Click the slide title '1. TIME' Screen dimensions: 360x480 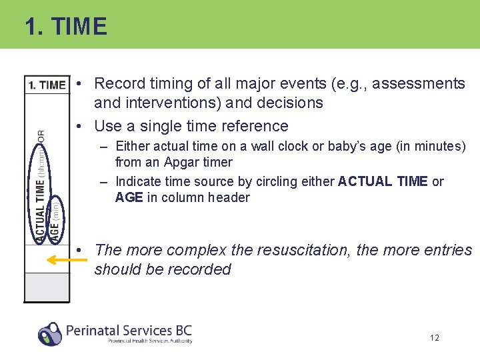click(65, 27)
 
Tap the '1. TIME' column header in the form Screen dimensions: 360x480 click(47, 85)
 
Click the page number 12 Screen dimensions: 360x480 click(434, 338)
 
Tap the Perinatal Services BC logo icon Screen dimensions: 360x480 click(50, 333)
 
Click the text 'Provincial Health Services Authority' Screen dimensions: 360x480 click(150, 341)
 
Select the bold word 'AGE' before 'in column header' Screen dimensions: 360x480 click(129, 197)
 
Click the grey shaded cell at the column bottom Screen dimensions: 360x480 click(47, 287)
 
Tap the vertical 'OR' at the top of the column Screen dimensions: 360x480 click(41, 135)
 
